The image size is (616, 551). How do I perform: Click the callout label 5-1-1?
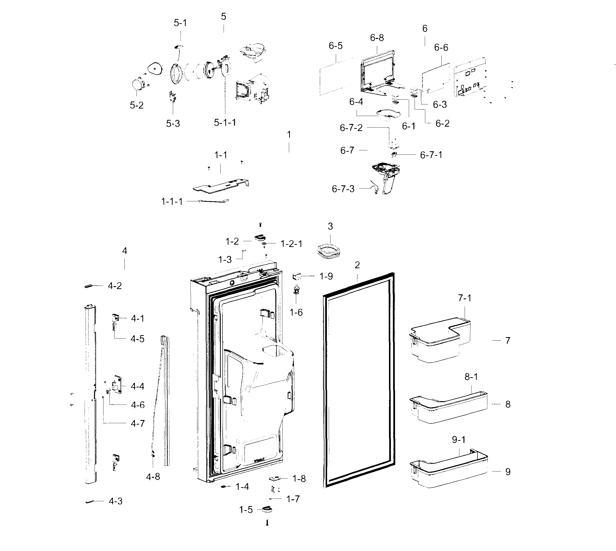click(x=225, y=123)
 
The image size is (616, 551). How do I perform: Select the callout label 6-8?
click(x=377, y=38)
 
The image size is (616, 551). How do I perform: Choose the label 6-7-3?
click(x=343, y=189)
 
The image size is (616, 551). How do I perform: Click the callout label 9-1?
click(x=459, y=440)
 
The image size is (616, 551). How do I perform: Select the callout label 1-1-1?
click(x=172, y=201)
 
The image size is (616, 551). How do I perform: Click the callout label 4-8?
click(x=153, y=477)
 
